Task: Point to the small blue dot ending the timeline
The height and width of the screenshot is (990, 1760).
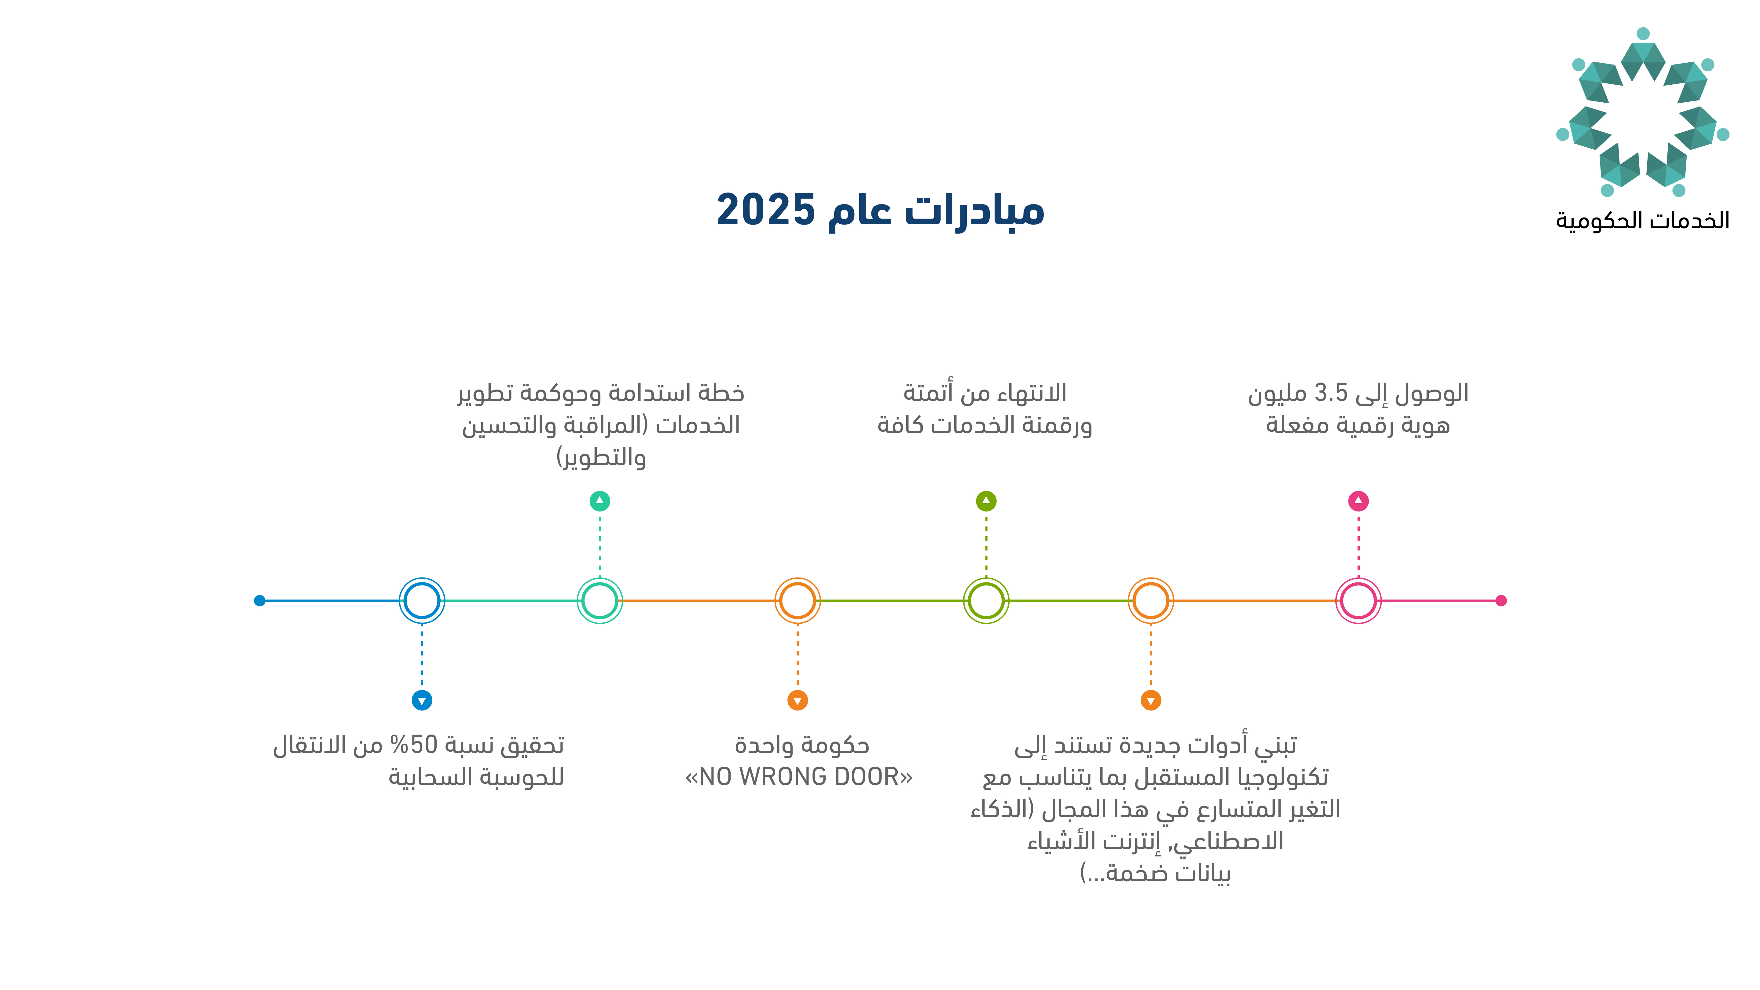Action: (260, 600)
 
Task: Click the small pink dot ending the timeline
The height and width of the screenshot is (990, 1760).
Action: (1501, 600)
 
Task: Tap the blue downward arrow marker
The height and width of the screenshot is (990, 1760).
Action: (422, 700)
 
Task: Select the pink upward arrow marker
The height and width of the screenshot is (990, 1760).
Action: (1358, 501)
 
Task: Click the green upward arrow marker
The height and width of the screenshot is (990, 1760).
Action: (986, 501)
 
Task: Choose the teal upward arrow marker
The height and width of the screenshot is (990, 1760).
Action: (600, 501)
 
